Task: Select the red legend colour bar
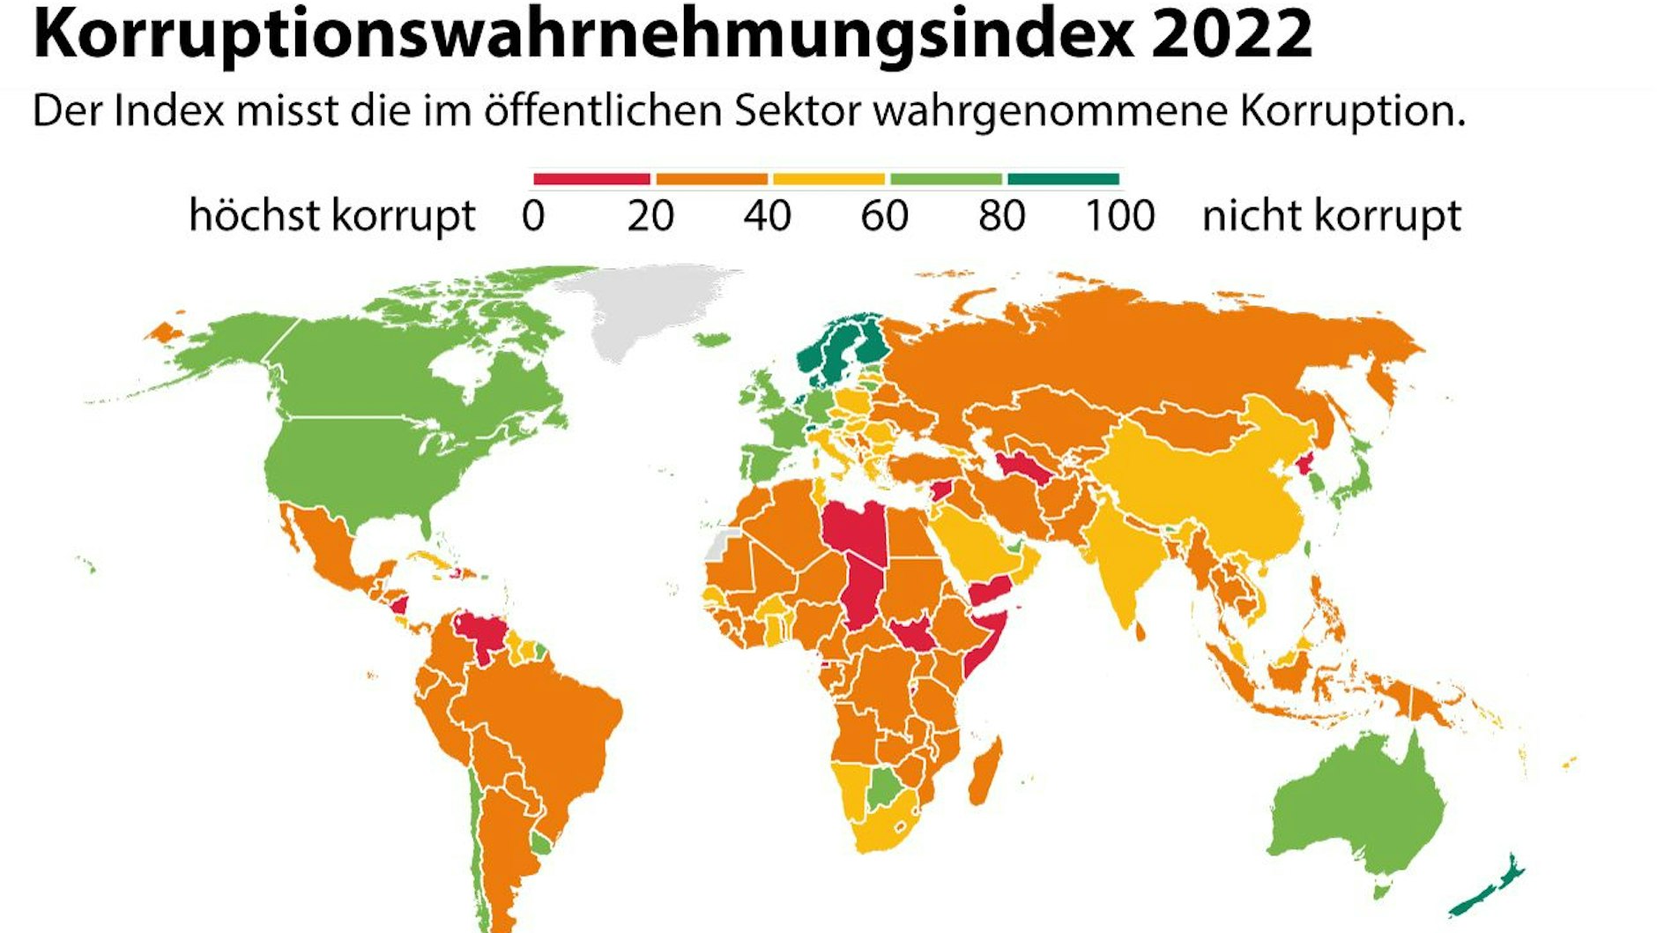tap(591, 179)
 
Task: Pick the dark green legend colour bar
tap(1063, 179)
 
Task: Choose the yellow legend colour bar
tap(828, 179)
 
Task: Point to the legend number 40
tap(767, 216)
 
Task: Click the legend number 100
tap(1119, 216)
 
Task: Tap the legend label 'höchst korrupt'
tap(332, 216)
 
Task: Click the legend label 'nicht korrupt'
tap(1332, 216)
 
